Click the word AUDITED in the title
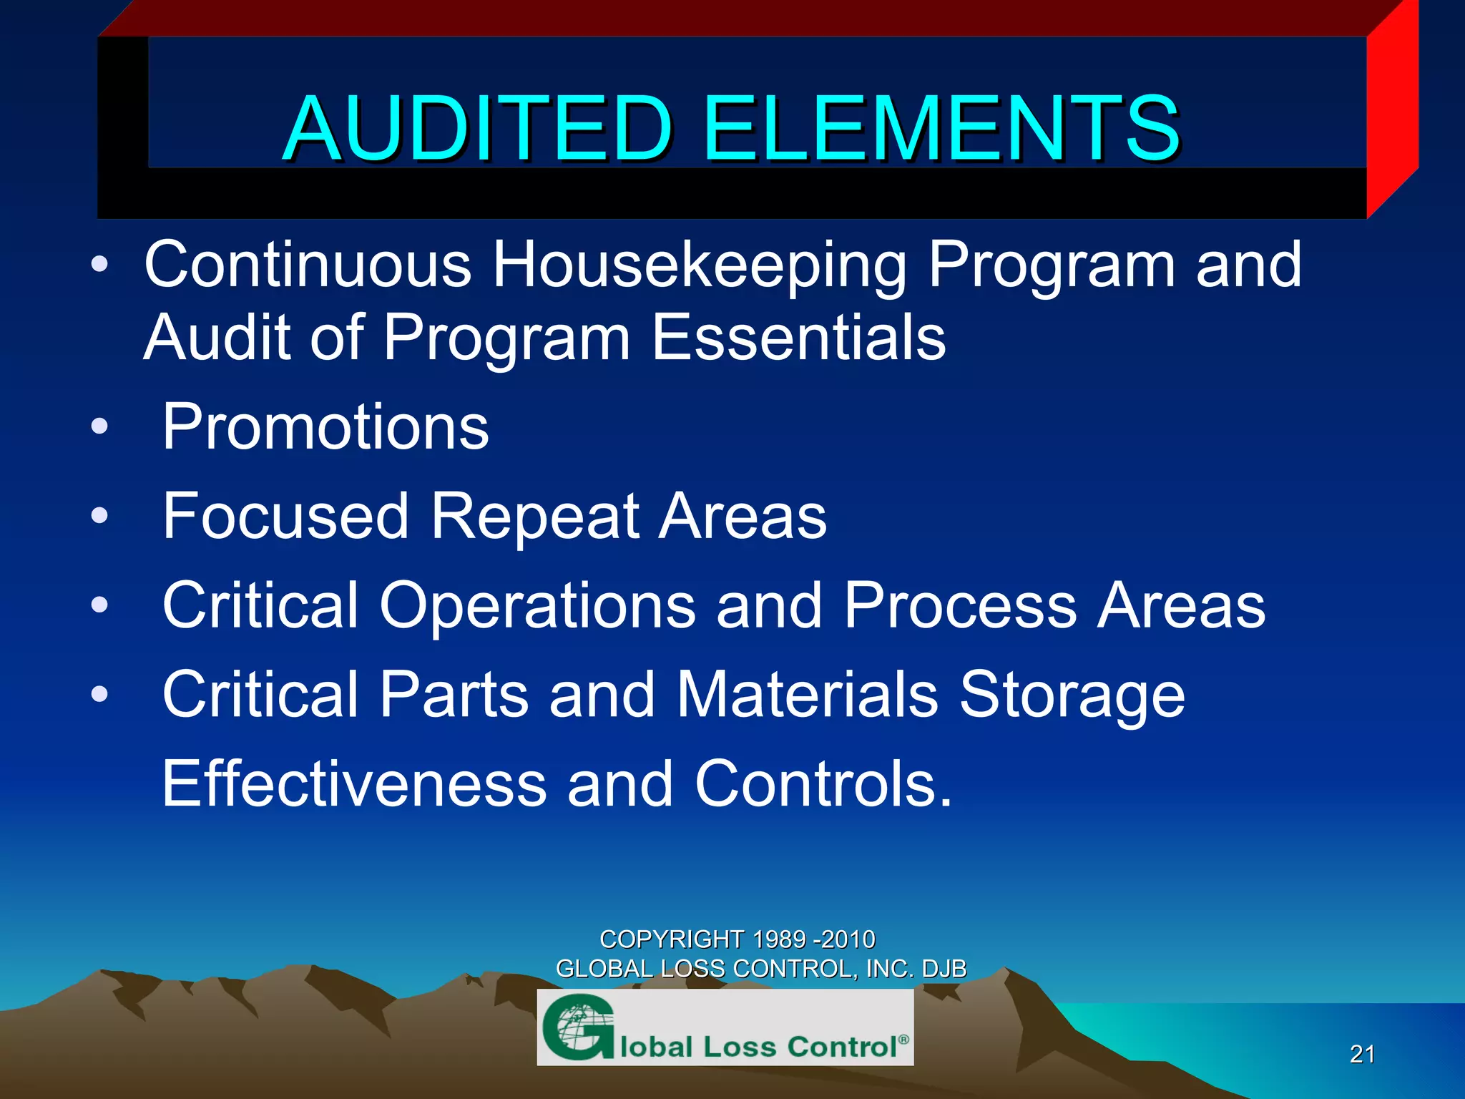tap(478, 129)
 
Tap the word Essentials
tap(799, 338)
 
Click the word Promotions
tap(325, 427)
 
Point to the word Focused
tap(285, 516)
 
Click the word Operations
tap(536, 606)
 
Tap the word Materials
tap(807, 695)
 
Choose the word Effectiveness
tap(354, 784)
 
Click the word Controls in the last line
tap(823, 784)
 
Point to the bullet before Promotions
tap(99, 427)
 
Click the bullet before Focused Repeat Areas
tap(99, 516)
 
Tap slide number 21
tap(1362, 1054)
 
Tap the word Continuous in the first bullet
tap(308, 265)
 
